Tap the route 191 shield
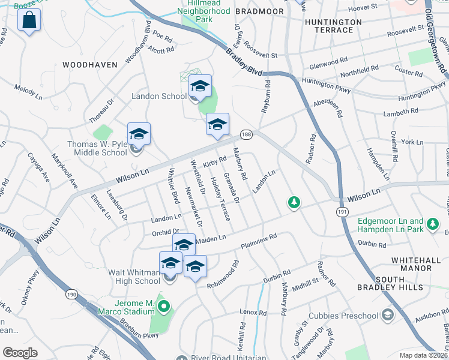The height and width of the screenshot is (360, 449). click(342, 212)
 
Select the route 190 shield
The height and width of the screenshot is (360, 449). click(71, 295)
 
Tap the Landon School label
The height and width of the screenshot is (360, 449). click(158, 96)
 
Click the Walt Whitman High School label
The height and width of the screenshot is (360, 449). click(134, 277)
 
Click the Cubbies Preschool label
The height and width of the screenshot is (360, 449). click(343, 316)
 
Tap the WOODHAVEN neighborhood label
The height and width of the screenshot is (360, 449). click(85, 64)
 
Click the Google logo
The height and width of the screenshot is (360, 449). click(20, 353)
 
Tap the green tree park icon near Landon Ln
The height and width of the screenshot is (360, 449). click(294, 203)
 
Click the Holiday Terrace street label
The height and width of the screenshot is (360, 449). click(220, 199)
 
